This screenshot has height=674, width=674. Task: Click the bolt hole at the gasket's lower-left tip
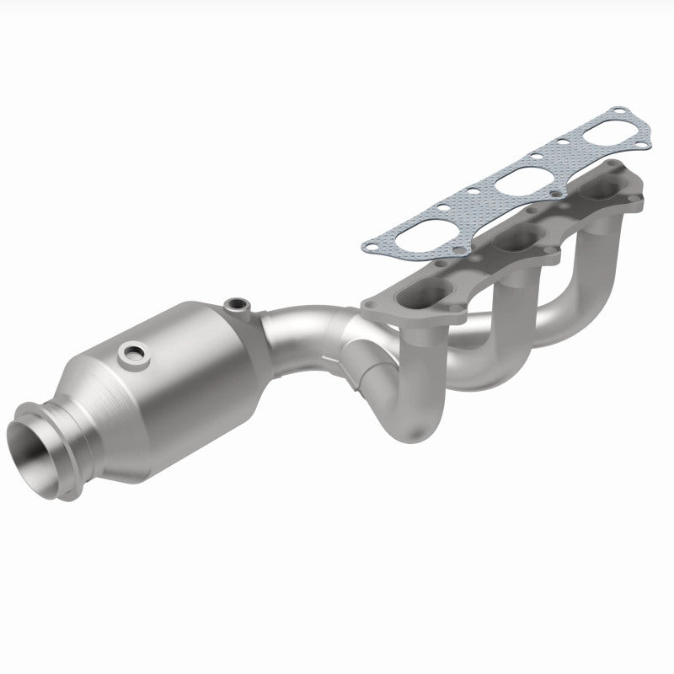368,246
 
